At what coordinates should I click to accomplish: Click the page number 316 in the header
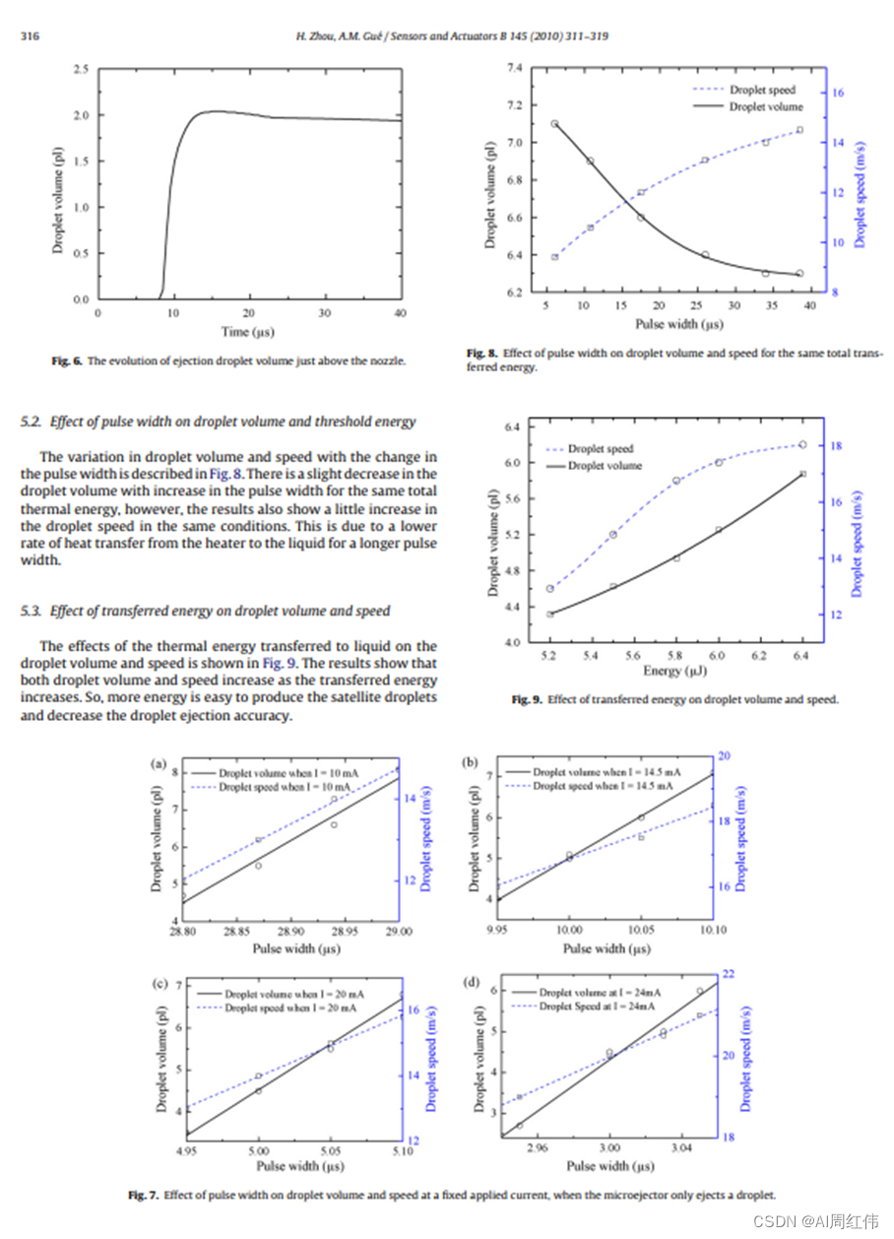pyautogui.click(x=31, y=36)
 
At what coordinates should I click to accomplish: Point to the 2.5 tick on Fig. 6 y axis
pyautogui.click(x=80, y=70)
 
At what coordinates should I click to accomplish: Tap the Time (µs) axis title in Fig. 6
pyautogui.click(x=249, y=332)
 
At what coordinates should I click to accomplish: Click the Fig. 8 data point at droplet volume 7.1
pyautogui.click(x=554, y=124)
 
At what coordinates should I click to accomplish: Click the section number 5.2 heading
pyautogui.click(x=32, y=422)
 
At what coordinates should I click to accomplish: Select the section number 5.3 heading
pyautogui.click(x=32, y=611)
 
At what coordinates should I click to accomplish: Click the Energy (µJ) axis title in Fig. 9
pyautogui.click(x=674, y=672)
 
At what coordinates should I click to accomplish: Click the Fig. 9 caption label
pyautogui.click(x=527, y=700)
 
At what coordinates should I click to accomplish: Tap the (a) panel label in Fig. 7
pyautogui.click(x=158, y=763)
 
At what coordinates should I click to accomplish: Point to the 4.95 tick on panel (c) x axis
pyautogui.click(x=186, y=1149)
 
